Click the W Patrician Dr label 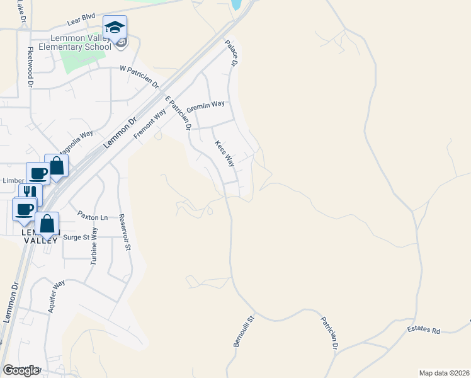point(140,76)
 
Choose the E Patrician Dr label point(178,112)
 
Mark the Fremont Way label point(150,122)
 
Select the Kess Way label point(225,154)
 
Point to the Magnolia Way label point(76,143)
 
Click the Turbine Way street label point(94,246)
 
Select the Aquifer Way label point(57,297)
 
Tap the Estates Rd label point(423,329)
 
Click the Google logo point(21,370)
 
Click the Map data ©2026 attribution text point(444,372)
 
